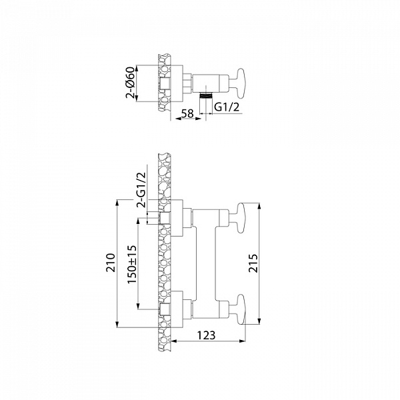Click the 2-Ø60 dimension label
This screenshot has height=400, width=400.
(130, 83)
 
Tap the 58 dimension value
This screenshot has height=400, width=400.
(188, 113)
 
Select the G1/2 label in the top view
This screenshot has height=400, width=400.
(227, 107)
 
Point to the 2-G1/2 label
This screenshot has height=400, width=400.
(141, 190)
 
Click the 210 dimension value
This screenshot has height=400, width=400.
(111, 263)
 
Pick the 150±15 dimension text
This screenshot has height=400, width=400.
(132, 265)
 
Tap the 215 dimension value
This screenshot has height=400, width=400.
(253, 263)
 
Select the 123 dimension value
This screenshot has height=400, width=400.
(207, 335)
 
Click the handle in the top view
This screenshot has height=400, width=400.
(241, 83)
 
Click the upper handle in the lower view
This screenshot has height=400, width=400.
(241, 218)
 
